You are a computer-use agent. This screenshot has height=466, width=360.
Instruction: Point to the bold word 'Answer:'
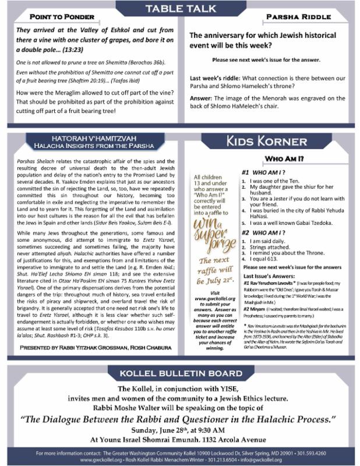point(204,97)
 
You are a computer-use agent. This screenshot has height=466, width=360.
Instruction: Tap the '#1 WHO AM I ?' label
point(262,172)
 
